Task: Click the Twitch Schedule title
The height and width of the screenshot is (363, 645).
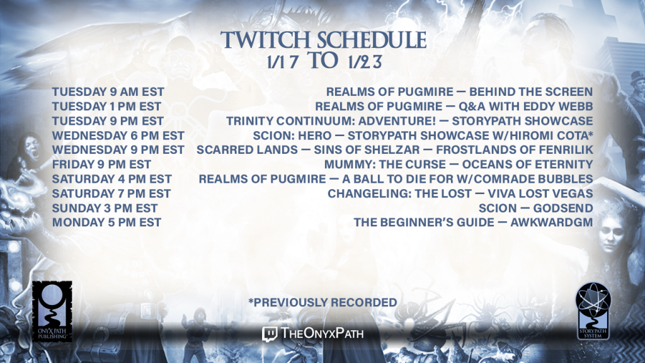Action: [x=323, y=40]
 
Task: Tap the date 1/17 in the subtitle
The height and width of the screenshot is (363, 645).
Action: [x=283, y=62]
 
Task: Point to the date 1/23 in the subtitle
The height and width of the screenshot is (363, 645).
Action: [x=365, y=62]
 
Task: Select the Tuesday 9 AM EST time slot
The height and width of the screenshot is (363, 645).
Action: [x=108, y=92]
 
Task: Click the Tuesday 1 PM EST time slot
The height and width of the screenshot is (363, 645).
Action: [x=106, y=107]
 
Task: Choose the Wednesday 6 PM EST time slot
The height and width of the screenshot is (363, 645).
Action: [x=118, y=135]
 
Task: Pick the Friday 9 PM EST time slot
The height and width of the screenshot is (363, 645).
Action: [x=101, y=164]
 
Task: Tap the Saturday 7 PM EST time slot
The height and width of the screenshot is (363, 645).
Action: [x=111, y=193]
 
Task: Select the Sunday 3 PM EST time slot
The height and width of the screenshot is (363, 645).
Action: [x=105, y=208]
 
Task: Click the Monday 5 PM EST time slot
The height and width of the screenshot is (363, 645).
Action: [x=106, y=222]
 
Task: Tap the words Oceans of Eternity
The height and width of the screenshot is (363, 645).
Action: [x=528, y=164]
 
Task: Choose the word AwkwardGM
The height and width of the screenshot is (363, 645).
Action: [x=552, y=222]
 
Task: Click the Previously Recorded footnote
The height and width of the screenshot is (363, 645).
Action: [x=323, y=302]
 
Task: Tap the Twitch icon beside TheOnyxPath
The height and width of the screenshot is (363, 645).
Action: [x=270, y=334]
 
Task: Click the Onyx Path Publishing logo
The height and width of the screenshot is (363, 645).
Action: [x=52, y=311]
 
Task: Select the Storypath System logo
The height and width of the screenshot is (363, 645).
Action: [x=593, y=311]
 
